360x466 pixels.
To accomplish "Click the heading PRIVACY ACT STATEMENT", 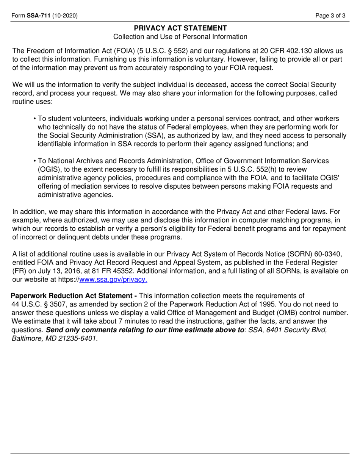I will (180, 28).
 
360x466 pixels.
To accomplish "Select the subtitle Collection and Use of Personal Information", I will (180, 37).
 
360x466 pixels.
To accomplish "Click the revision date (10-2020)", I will (65, 16).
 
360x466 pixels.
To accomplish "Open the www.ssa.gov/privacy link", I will (113, 280).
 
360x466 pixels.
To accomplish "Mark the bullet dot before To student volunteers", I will (35, 119).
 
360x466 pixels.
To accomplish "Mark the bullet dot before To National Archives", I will (35, 161).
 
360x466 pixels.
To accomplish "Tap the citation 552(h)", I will (249, 169).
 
